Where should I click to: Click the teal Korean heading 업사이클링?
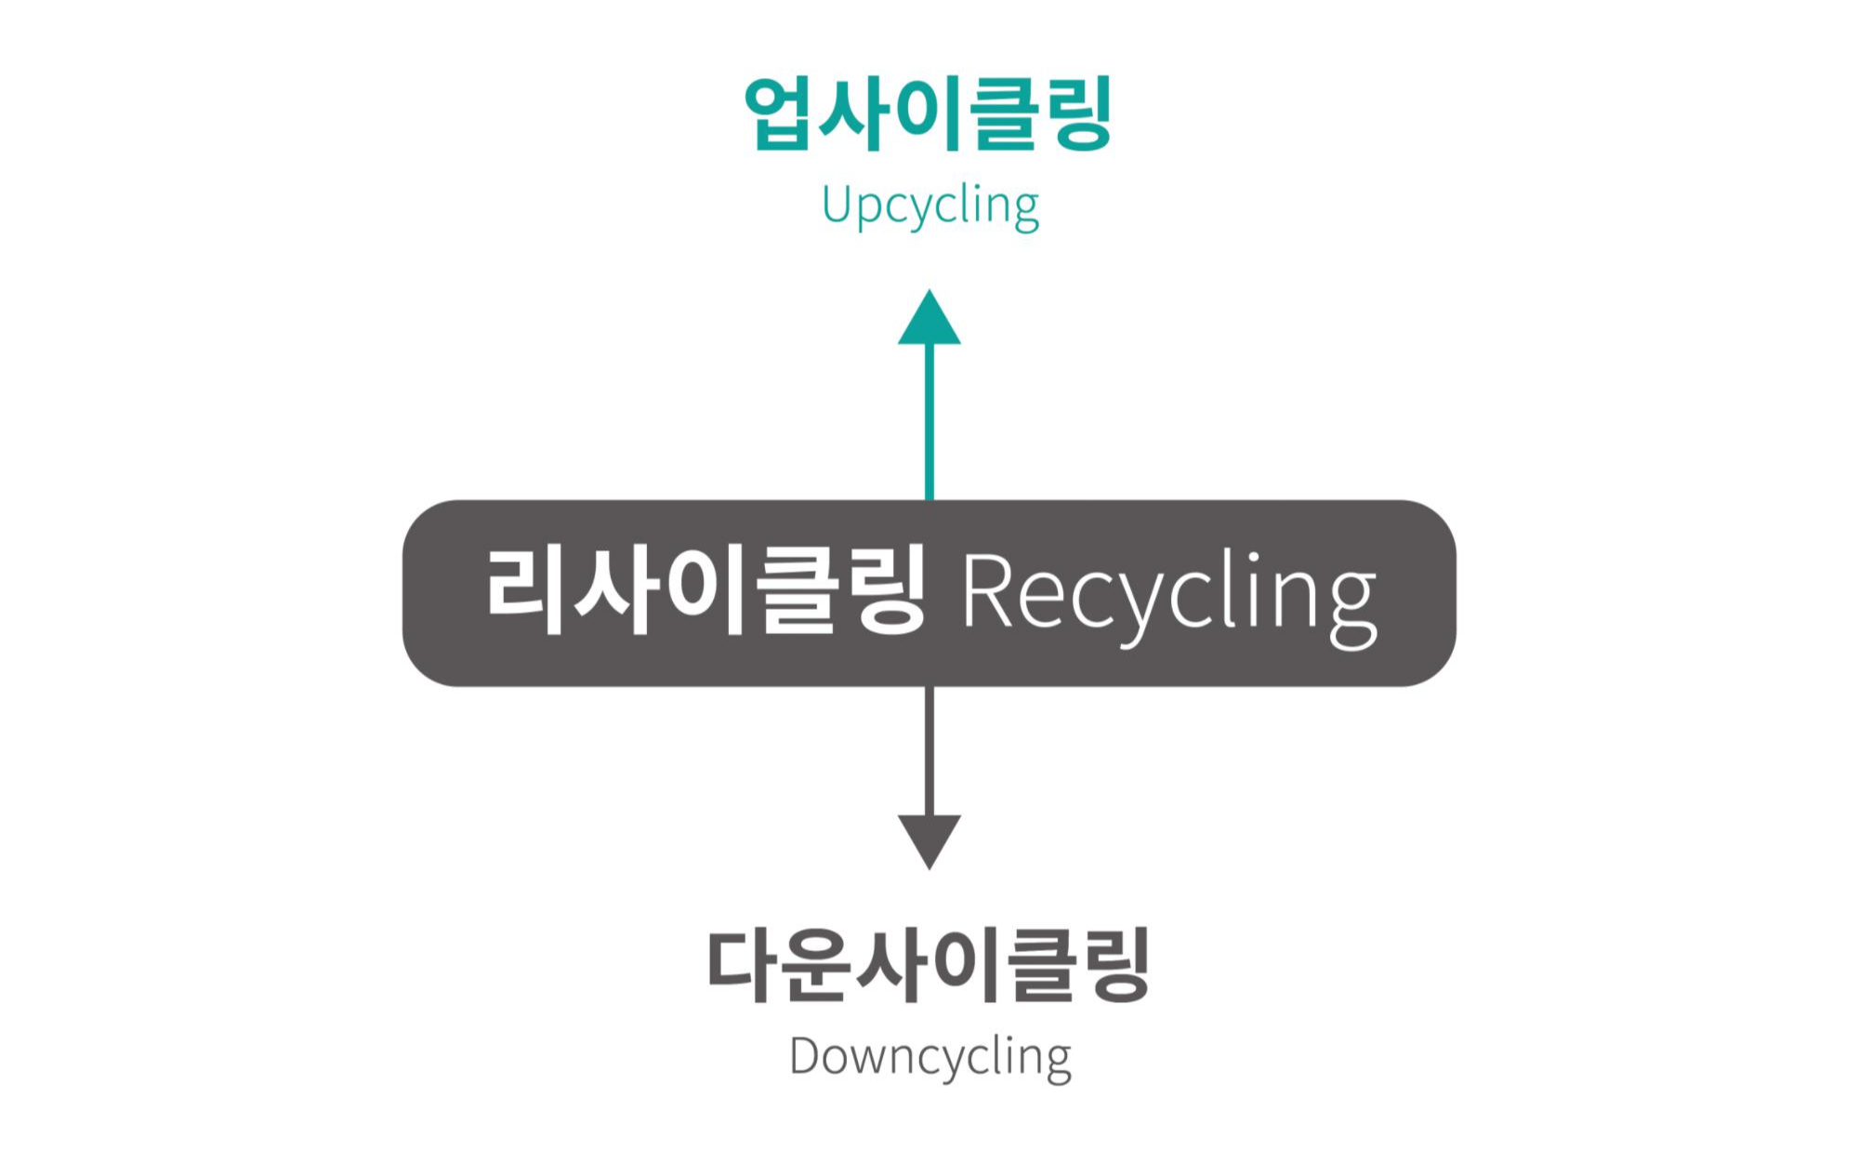point(928,113)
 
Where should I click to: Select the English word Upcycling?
point(929,205)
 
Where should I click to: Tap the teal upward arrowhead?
point(929,320)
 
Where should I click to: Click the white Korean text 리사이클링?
point(705,591)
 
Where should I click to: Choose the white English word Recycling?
point(1168,595)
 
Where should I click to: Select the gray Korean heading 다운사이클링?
point(929,965)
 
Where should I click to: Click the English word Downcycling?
point(929,1058)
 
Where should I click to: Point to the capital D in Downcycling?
point(805,1056)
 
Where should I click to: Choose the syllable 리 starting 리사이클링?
point(524,591)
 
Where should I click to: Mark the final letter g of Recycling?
point(1352,609)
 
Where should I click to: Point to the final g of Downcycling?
point(1057,1063)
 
